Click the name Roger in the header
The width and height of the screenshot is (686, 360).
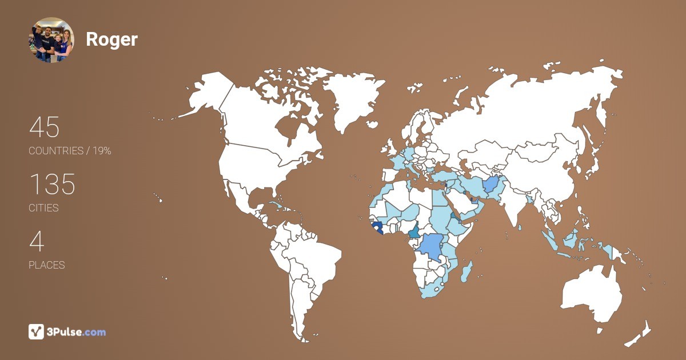[x=111, y=39]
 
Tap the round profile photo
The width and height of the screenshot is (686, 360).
[x=51, y=39]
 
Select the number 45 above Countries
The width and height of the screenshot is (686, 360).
[x=45, y=127]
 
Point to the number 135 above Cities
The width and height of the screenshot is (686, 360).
[x=52, y=185]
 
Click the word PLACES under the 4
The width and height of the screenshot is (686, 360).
[x=47, y=265]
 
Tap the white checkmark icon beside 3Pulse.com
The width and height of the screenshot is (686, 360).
[x=36, y=331]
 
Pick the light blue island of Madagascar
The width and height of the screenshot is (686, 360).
[x=467, y=270]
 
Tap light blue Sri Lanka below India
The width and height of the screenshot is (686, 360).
[x=520, y=227]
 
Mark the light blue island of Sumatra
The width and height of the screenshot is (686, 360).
[x=550, y=241]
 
